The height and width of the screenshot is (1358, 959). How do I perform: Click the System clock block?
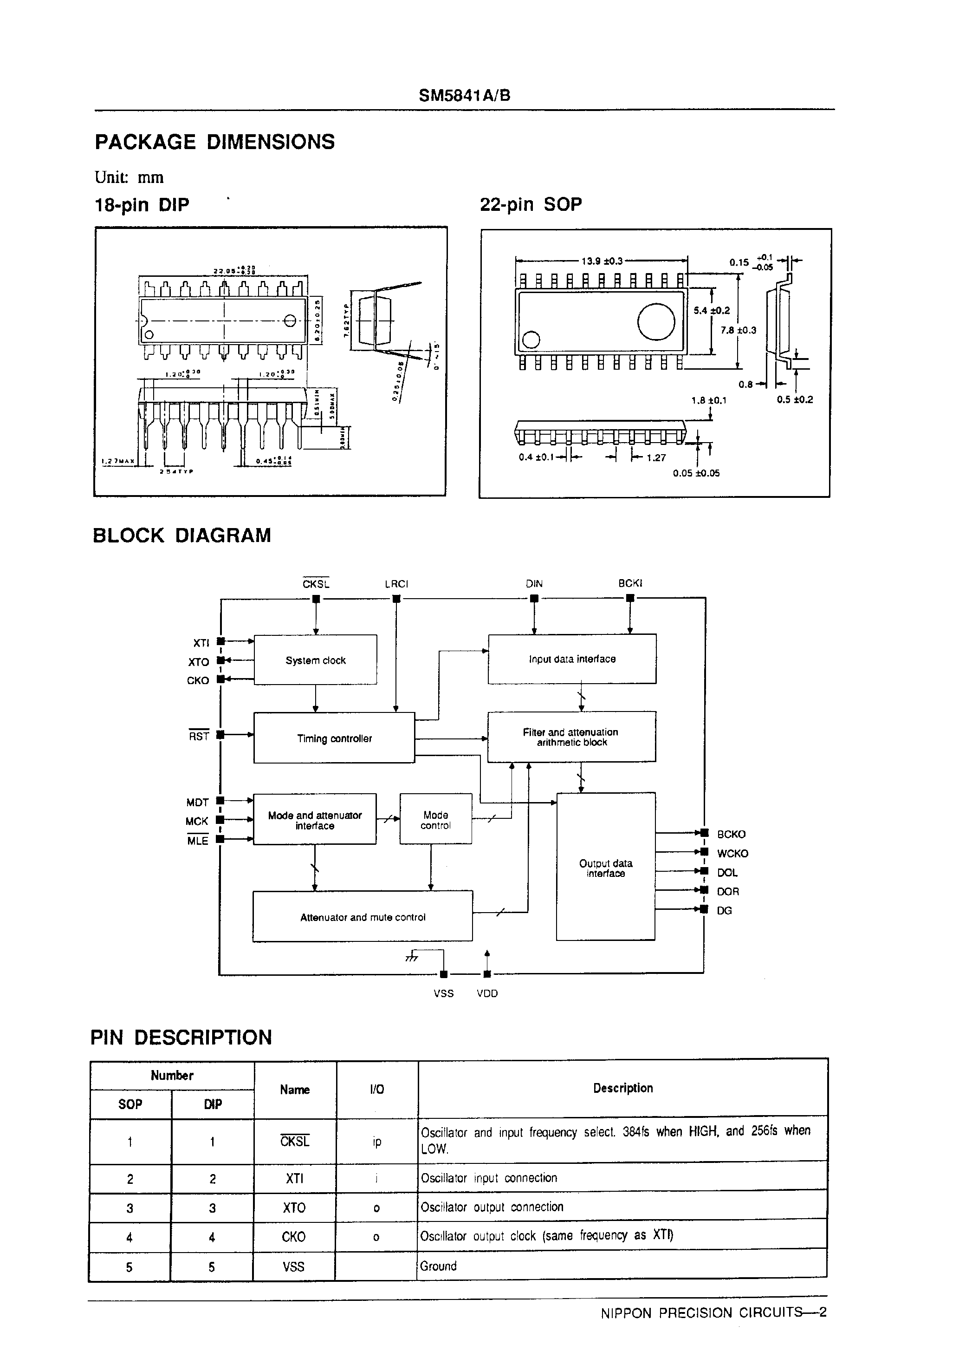tap(315, 660)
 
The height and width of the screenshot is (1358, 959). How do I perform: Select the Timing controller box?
tap(334, 738)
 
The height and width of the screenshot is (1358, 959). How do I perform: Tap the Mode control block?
tap(436, 820)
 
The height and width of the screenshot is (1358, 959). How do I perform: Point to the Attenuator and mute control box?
tap(363, 917)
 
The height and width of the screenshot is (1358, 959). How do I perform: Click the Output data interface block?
tap(605, 868)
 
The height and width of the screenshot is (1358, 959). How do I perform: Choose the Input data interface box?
tap(572, 659)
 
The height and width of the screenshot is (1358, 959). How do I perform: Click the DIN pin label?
tap(534, 584)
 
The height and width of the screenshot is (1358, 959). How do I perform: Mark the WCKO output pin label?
tap(732, 854)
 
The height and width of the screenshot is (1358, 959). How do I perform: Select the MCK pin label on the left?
tap(197, 822)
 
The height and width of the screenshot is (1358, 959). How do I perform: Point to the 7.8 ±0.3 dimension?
tap(739, 330)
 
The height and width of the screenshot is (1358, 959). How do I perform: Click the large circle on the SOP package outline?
tap(656, 321)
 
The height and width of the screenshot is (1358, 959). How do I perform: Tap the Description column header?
tap(622, 1088)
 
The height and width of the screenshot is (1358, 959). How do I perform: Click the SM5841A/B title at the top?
tap(464, 96)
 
